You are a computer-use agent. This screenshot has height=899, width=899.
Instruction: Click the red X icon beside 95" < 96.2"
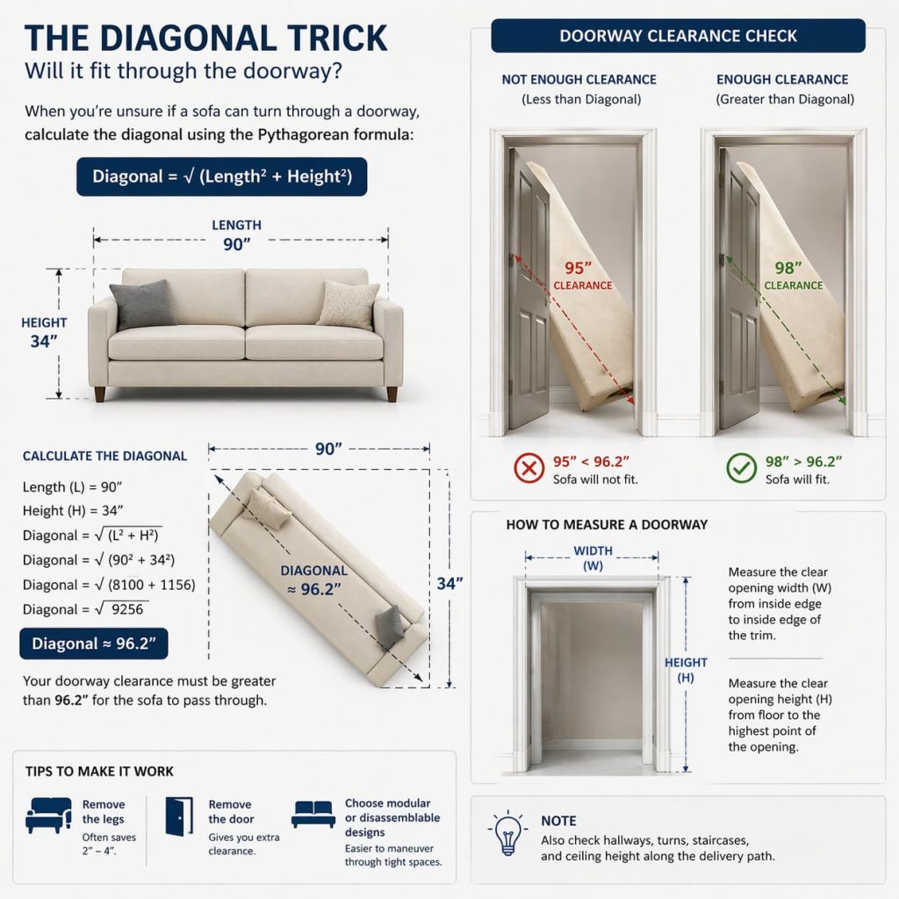point(529,469)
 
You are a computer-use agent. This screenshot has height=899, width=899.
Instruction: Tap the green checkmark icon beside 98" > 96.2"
point(741,469)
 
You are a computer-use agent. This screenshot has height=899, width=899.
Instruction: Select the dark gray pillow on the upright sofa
point(142,305)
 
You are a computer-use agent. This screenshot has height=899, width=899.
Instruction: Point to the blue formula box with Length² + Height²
point(221,176)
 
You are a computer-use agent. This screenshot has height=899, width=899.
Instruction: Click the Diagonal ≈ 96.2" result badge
point(94,644)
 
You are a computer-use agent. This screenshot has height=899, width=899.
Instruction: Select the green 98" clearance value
point(791,268)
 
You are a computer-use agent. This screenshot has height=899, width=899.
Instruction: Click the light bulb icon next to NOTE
point(508,835)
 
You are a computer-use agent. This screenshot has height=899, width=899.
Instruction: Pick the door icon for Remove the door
point(179,816)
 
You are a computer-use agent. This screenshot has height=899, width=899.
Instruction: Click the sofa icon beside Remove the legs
point(48,816)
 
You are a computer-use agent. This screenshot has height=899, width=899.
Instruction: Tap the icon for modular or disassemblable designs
point(313,814)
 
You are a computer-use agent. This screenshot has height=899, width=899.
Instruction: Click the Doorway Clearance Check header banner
point(678,36)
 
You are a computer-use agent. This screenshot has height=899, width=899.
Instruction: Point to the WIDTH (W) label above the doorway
point(593,558)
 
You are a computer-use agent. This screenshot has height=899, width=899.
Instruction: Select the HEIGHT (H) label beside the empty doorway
point(686,671)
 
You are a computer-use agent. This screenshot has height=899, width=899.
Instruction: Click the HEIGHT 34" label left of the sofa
point(44,332)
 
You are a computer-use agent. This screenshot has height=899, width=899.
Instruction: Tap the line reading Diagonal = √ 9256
point(84,609)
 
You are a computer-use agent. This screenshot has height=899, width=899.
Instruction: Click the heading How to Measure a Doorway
point(607,525)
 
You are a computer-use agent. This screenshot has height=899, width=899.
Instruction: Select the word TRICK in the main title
point(324,39)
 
